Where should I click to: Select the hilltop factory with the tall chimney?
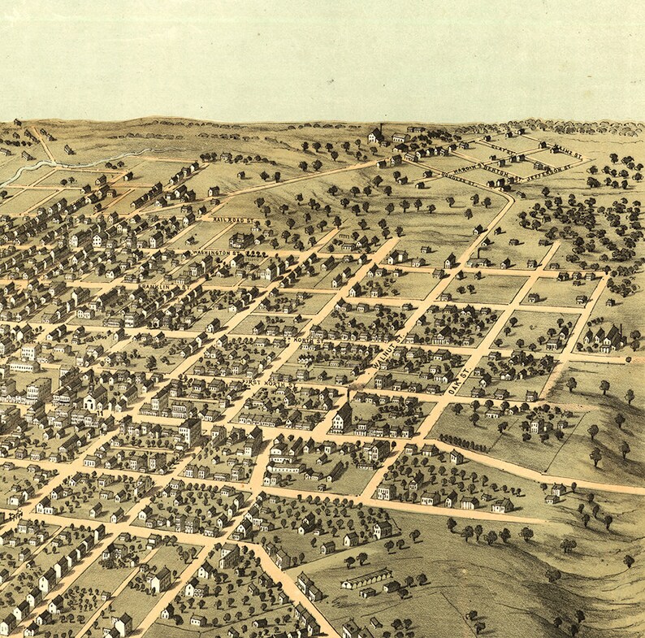(x=377, y=135)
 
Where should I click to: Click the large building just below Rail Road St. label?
(x=241, y=240)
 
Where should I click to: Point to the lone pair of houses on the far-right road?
(x=556, y=492)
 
